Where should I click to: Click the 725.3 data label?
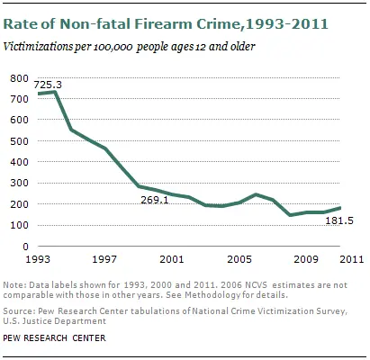point(49,85)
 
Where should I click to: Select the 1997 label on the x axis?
point(104,259)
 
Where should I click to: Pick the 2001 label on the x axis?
point(171,259)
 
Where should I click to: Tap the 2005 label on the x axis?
point(238,259)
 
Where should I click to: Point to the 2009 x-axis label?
point(304,259)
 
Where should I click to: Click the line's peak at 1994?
point(56,92)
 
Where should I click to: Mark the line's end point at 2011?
point(340,208)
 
